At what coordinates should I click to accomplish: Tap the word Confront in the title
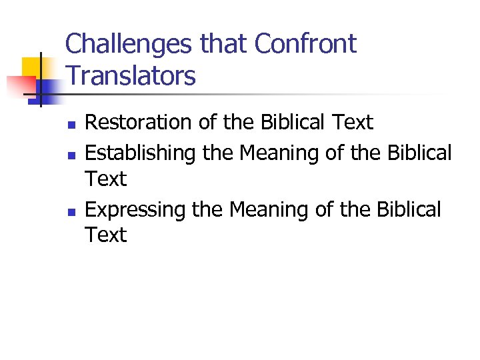[306, 44]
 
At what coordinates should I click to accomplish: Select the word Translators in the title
[131, 75]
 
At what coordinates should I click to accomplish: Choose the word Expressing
[137, 209]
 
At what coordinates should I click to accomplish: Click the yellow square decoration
[31, 67]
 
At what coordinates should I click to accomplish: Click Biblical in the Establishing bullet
[419, 153]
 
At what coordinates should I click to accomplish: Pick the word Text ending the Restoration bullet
[352, 123]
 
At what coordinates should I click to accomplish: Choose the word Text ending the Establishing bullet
[106, 179]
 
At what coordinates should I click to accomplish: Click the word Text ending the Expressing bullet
[106, 235]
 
